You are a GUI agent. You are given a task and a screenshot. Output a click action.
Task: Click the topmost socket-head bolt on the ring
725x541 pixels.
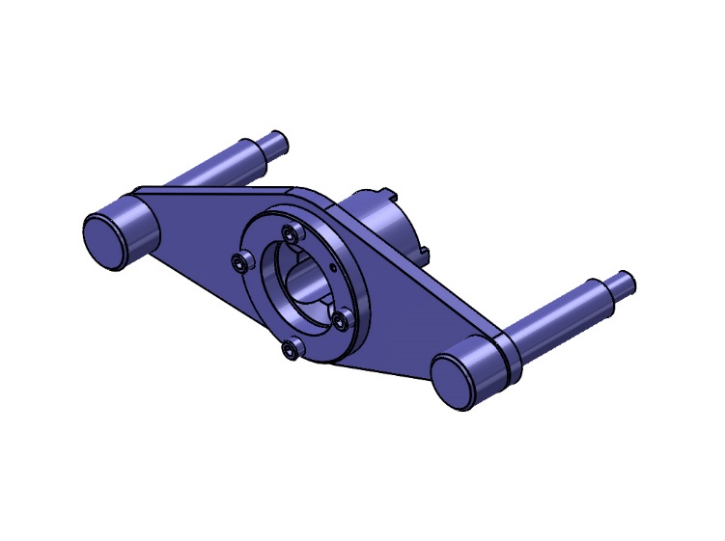pos(288,232)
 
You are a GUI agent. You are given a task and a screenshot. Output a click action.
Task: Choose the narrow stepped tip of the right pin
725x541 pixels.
pos(621,283)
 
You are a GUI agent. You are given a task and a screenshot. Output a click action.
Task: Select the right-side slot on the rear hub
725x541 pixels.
pos(422,253)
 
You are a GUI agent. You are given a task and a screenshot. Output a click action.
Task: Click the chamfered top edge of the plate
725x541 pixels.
pos(222,188)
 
